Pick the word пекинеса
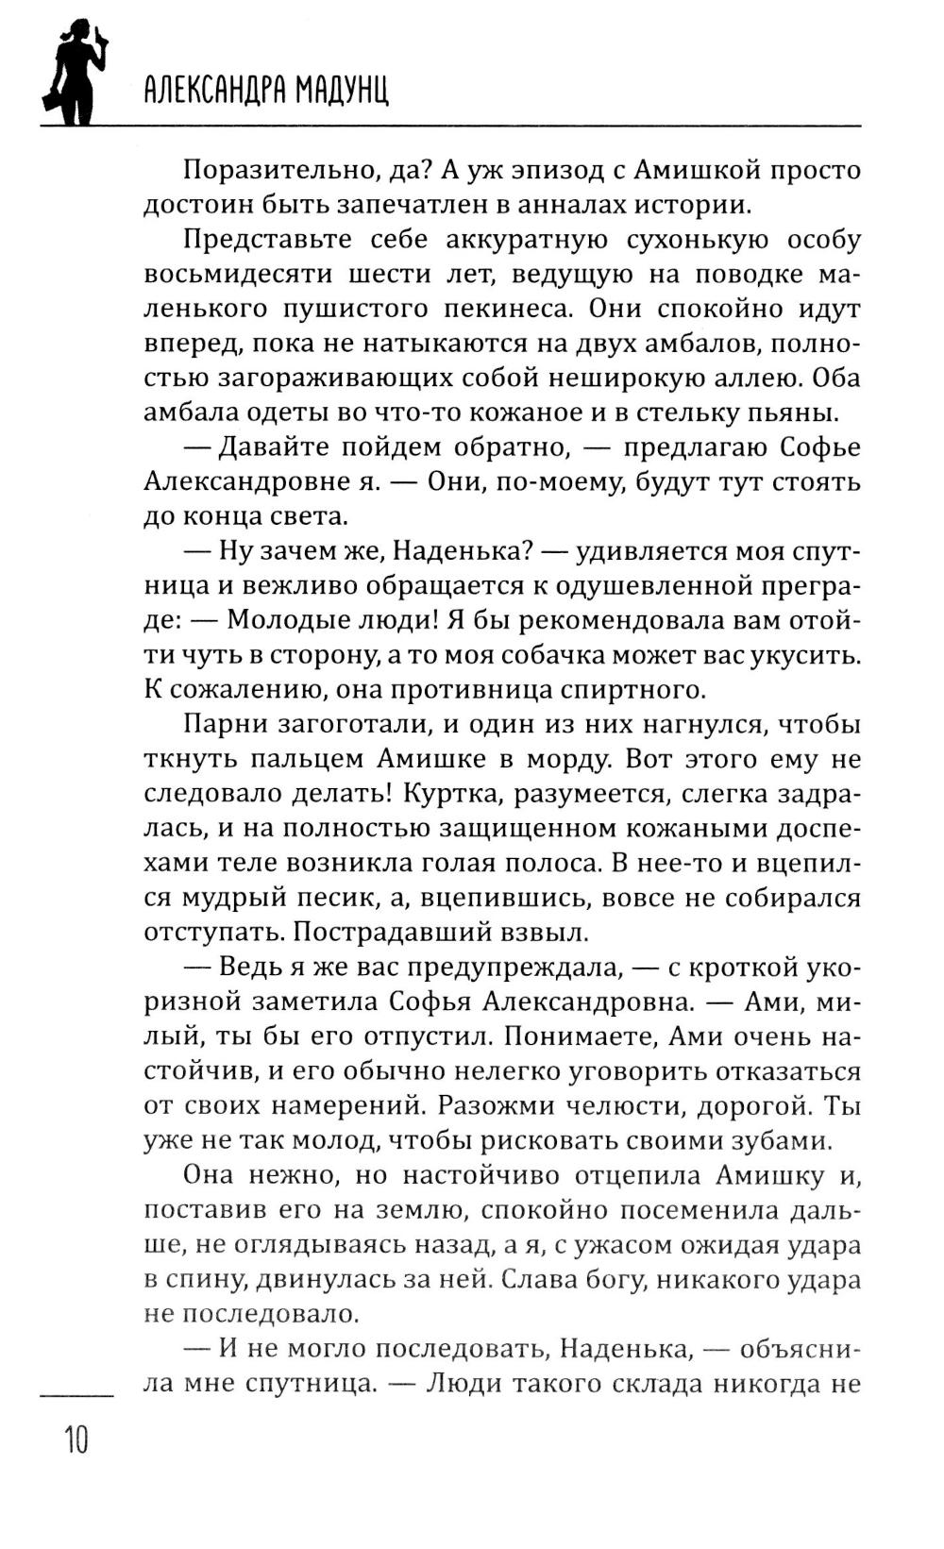(x=511, y=309)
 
